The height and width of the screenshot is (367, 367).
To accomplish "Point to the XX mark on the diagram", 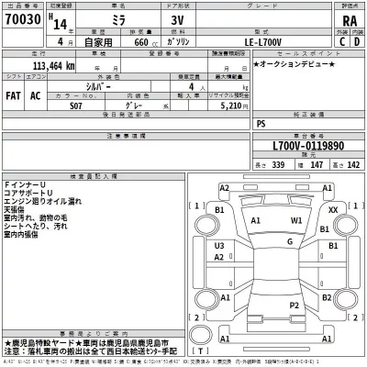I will [x=333, y=210].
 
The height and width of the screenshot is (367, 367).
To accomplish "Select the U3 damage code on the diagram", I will [x=219, y=246].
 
